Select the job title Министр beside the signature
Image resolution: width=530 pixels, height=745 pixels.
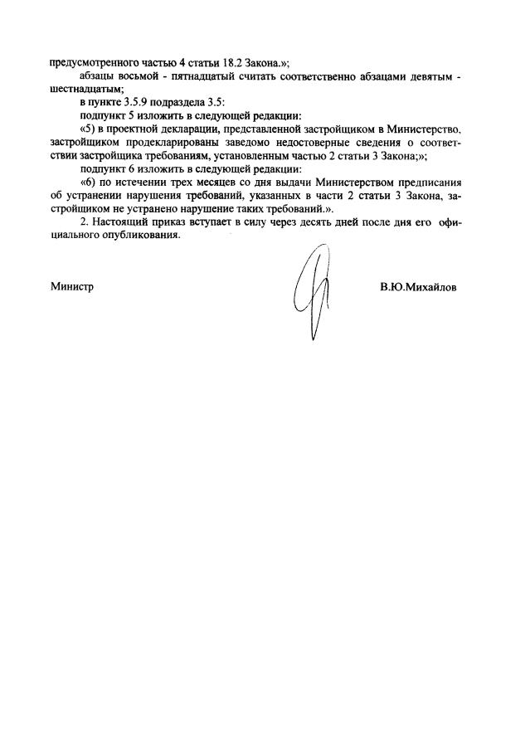72,287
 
